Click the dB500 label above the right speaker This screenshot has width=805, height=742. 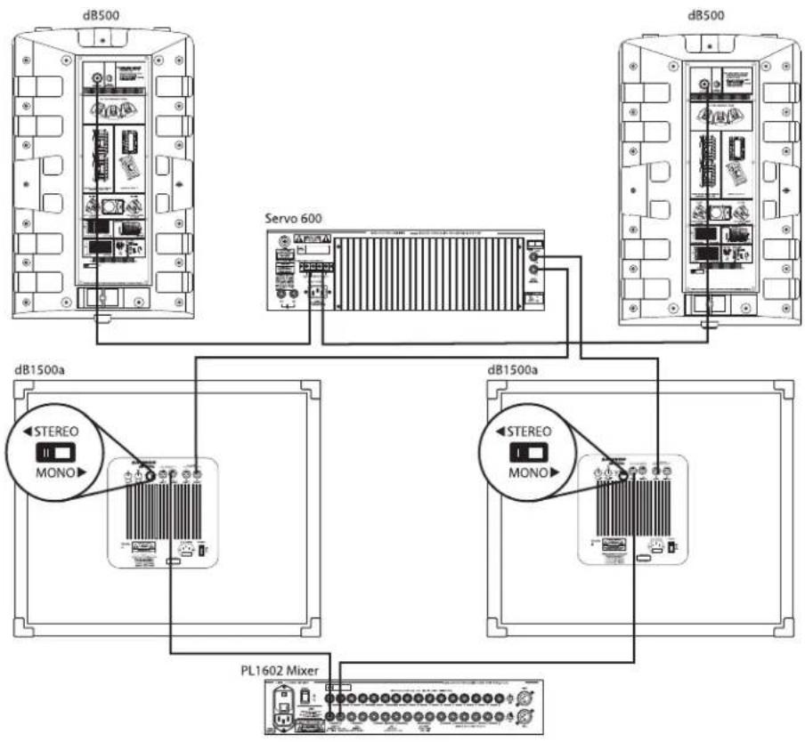click(707, 15)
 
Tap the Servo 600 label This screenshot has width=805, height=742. click(292, 218)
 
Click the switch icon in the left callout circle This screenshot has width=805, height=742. click(54, 453)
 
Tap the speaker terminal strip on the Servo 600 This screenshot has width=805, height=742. click(314, 266)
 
